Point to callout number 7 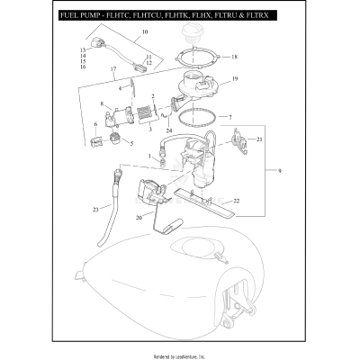[x=229, y=117]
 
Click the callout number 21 [x=259, y=139]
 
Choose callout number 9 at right [x=286, y=171]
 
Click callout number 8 [x=103, y=103]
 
